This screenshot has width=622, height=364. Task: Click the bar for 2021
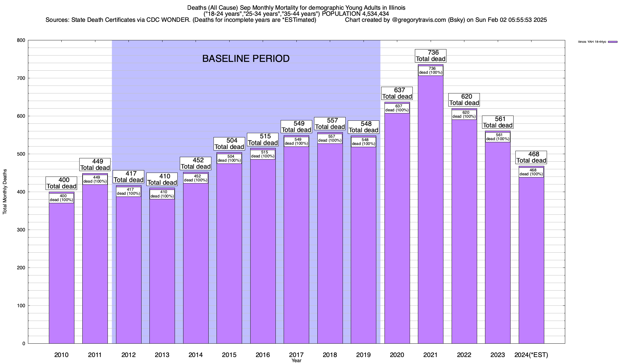coord(430,212)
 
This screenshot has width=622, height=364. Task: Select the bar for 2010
coord(61,273)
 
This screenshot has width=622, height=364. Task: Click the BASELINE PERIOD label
coord(246,59)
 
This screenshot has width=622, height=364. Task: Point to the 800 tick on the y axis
coord(21,40)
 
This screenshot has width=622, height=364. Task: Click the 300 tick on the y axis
coord(21,230)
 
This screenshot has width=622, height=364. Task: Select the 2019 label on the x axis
coord(363,355)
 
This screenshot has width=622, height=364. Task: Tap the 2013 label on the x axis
coord(162,355)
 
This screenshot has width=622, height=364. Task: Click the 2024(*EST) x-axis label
coord(531,355)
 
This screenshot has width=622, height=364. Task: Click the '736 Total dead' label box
coord(431,56)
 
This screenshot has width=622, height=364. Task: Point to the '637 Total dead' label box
coord(397,93)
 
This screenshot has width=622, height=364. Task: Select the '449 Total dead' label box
coord(95,165)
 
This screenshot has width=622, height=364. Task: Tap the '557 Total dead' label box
coord(330,124)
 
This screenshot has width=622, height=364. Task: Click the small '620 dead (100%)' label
coord(464,114)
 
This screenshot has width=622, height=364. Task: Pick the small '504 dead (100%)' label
coord(229,158)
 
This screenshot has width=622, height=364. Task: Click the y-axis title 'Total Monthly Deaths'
coord(5,192)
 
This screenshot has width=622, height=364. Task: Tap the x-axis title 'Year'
coord(296,361)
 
